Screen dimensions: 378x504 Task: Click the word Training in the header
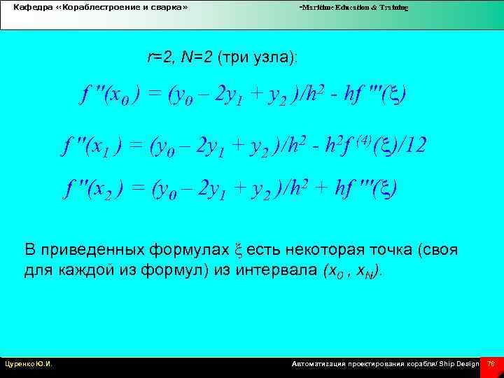[393, 8]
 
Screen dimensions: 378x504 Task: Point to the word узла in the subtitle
[273, 57]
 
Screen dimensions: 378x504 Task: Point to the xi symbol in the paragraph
[242, 251]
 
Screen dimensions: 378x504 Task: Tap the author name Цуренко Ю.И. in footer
[29, 364]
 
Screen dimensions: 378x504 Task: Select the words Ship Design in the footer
[458, 364]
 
